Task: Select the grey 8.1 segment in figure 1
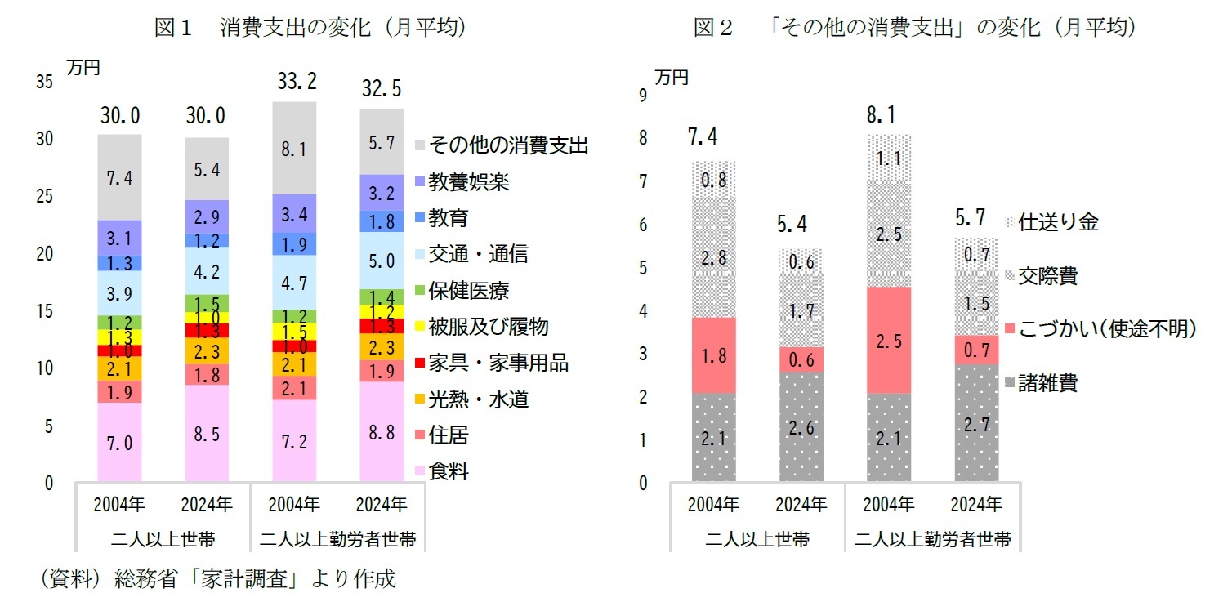tap(294, 149)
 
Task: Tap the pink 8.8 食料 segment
tap(382, 433)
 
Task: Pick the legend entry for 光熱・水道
tap(478, 399)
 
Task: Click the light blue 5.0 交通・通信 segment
tap(382, 261)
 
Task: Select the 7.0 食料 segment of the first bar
tap(119, 442)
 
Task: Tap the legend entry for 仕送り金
tap(1058, 222)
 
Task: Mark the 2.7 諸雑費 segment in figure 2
tap(976, 423)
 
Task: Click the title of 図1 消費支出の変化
tap(310, 28)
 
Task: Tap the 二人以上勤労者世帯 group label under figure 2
tap(933, 539)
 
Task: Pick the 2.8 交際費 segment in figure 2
tap(713, 257)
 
